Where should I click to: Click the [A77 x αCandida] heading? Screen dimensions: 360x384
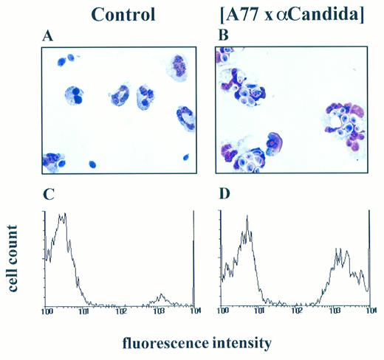pyautogui.click(x=291, y=14)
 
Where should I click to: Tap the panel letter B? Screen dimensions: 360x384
pyautogui.click(x=220, y=35)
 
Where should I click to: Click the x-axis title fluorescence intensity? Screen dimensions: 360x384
pyautogui.click(x=208, y=342)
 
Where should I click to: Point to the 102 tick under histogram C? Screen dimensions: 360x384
pyautogui.click(x=119, y=312)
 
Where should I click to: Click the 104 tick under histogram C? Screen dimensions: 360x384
pyautogui.click(x=191, y=312)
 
